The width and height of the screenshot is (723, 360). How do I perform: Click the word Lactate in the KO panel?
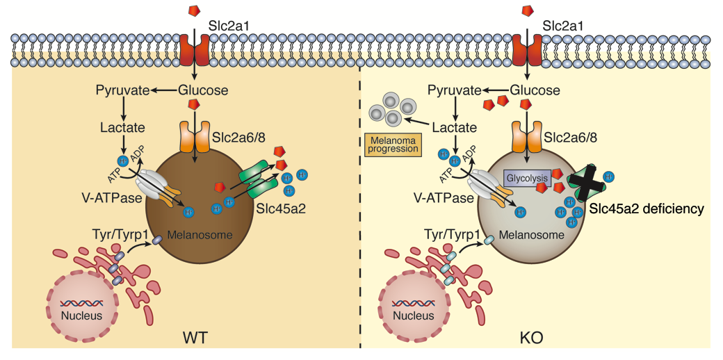click(455, 128)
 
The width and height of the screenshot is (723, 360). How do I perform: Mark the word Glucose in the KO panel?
click(535, 90)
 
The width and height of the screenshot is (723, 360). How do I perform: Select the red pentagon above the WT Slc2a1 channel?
click(195, 11)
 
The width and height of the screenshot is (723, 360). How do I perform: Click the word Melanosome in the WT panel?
click(204, 235)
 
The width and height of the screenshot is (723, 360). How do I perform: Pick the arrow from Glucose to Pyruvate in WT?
click(165, 90)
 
